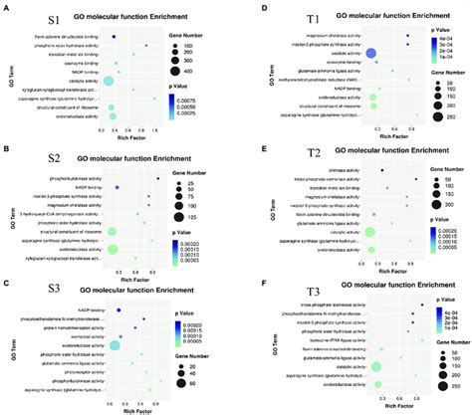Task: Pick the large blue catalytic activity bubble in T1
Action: [x=369, y=55]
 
